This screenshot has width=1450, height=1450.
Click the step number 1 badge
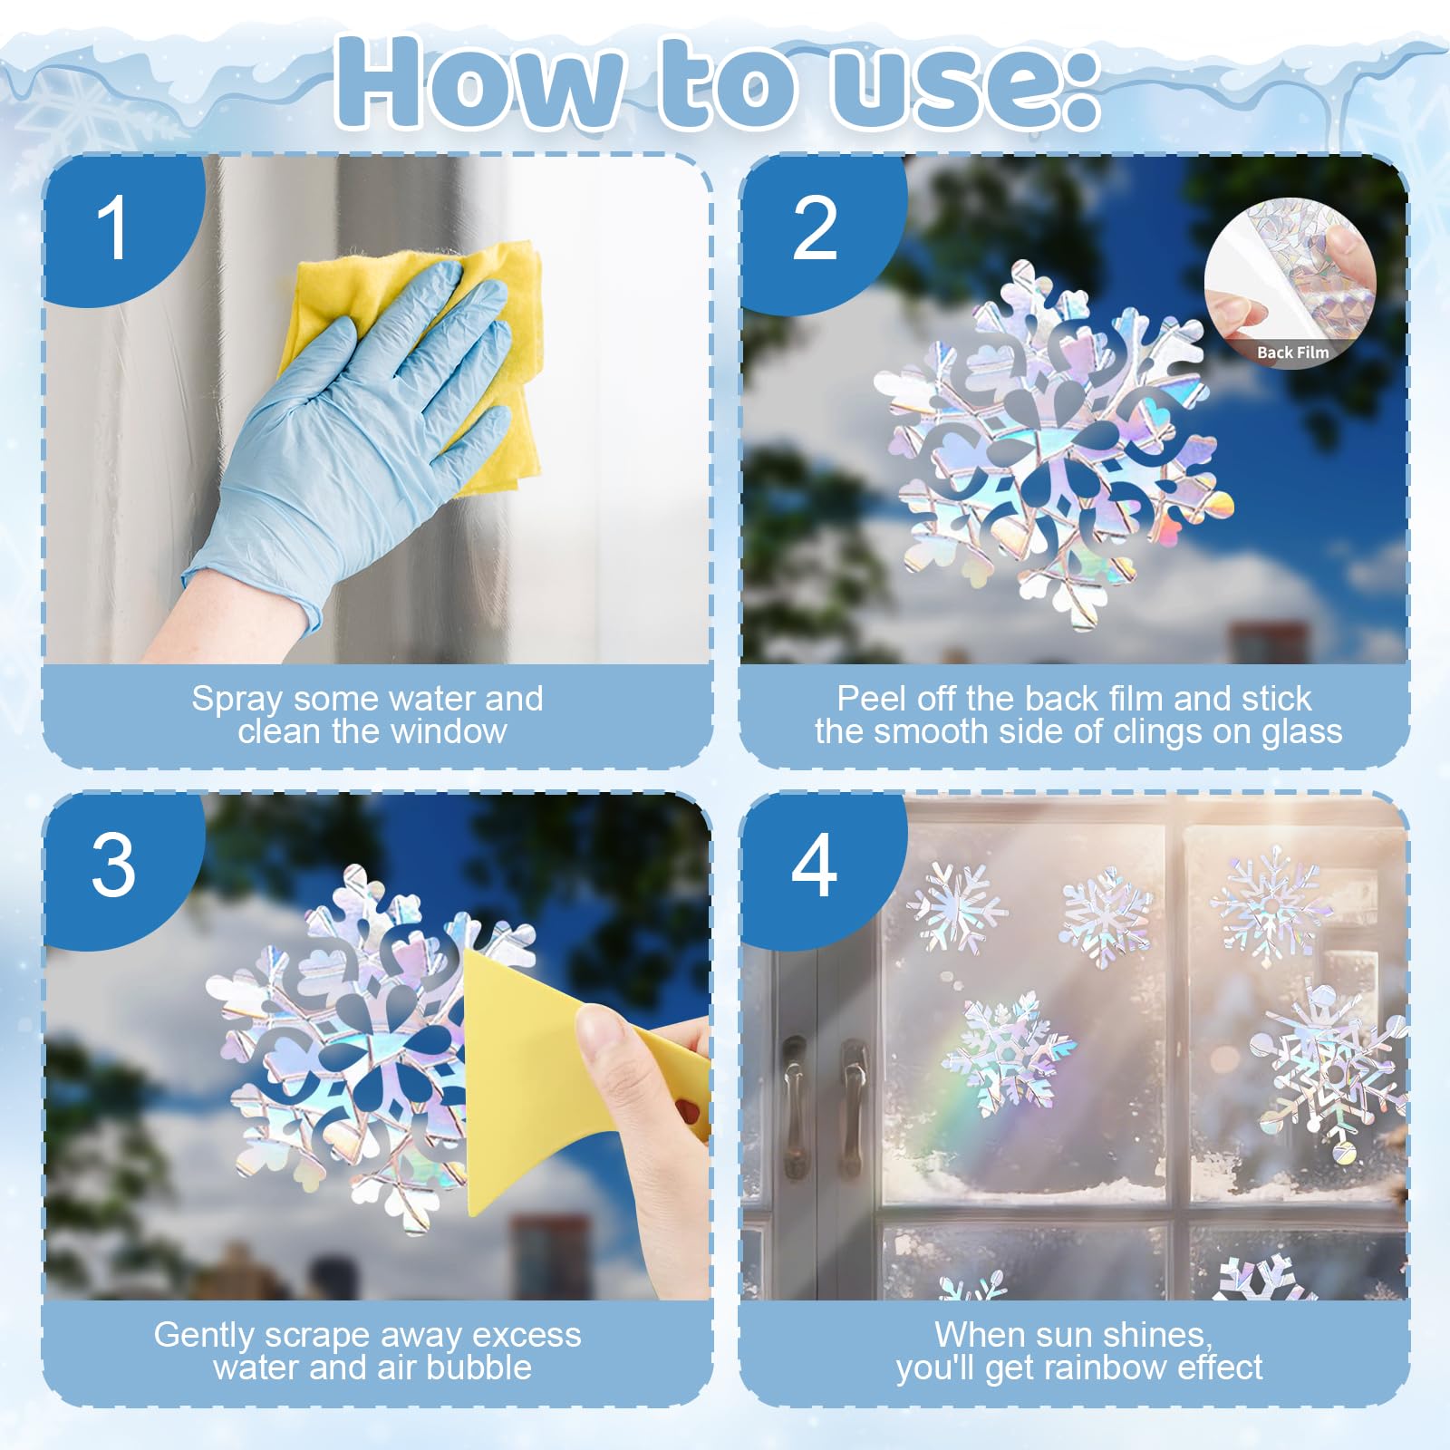click(x=113, y=227)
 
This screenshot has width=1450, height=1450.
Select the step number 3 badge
click(x=113, y=865)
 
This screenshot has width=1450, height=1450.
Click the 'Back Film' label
click(x=1293, y=353)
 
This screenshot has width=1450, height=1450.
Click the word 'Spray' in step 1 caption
click(x=237, y=700)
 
